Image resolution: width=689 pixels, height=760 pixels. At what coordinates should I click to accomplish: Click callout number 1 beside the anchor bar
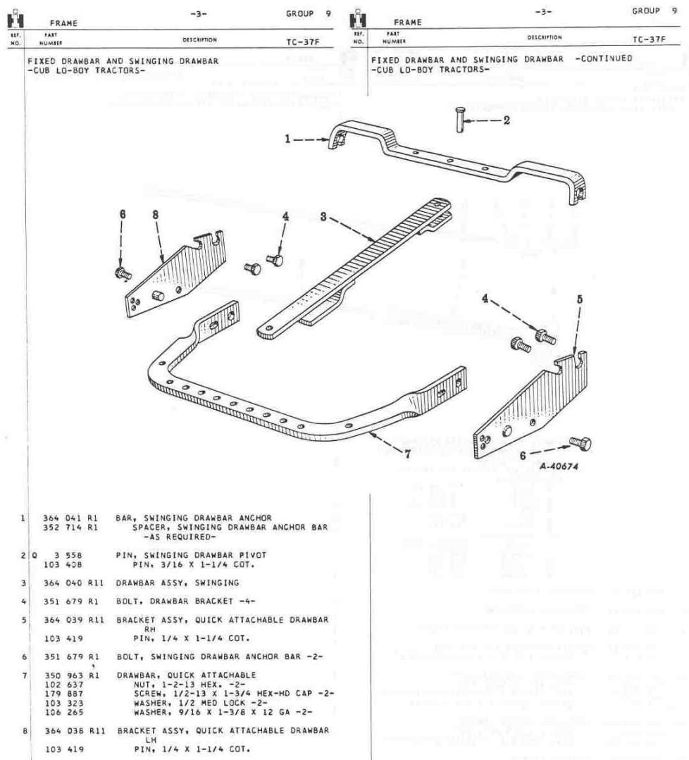(288, 139)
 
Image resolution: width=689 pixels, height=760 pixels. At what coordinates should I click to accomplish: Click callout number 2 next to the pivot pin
(506, 120)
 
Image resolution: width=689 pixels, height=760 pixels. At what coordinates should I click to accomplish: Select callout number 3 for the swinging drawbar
(323, 218)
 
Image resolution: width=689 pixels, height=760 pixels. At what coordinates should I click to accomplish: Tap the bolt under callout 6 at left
(120, 271)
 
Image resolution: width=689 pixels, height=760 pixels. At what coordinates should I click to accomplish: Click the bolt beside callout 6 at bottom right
(580, 444)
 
